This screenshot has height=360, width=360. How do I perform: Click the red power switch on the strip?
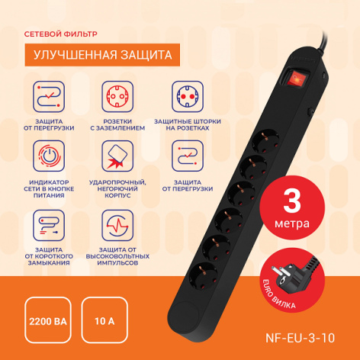(x=297, y=77)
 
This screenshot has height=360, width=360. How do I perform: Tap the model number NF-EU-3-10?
(x=300, y=338)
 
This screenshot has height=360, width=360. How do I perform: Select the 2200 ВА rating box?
(x=48, y=320)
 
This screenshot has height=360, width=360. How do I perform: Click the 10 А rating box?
(x=104, y=320)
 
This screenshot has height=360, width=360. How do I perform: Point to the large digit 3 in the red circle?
(x=292, y=201)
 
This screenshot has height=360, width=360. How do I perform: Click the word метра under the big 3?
(x=292, y=223)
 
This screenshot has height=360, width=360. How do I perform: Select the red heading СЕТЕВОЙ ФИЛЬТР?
(x=61, y=34)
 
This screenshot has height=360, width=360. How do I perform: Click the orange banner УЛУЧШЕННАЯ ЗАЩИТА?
(x=102, y=55)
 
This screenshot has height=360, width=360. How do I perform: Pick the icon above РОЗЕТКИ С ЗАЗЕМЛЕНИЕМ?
(x=117, y=97)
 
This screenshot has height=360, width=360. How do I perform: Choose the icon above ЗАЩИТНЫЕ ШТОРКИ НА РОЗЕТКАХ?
(x=188, y=97)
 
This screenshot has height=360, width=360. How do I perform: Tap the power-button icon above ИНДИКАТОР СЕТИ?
(x=49, y=156)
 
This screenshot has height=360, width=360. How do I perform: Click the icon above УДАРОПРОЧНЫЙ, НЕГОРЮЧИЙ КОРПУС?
(x=117, y=156)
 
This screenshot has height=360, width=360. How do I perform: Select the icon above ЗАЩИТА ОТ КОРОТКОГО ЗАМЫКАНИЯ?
(x=49, y=225)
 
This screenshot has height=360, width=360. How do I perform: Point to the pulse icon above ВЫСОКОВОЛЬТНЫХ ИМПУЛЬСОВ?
(x=117, y=225)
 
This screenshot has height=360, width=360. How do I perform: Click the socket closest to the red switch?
(x=265, y=141)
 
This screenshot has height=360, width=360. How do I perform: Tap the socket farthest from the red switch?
(x=204, y=276)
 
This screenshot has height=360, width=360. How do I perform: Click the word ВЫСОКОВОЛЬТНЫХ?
(x=117, y=256)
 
